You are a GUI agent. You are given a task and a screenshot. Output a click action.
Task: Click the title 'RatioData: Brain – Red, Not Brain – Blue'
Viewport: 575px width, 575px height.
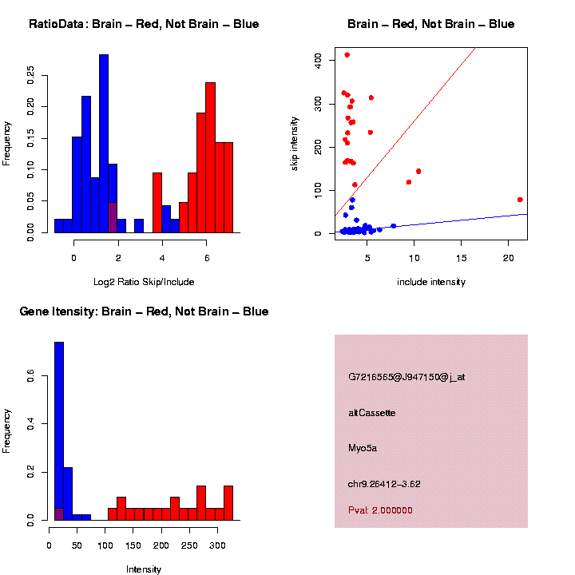(x=144, y=24)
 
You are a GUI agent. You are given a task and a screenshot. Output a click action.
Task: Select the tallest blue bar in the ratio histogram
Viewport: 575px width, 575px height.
(x=104, y=144)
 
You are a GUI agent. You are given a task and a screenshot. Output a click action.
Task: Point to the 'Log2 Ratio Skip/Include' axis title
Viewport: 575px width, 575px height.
(x=144, y=282)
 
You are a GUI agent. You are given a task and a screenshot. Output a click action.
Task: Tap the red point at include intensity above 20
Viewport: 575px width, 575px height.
(x=520, y=200)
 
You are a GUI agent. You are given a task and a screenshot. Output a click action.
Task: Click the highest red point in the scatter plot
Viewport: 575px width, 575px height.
(x=347, y=55)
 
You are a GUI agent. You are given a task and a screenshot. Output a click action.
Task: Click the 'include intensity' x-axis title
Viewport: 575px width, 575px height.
(x=431, y=282)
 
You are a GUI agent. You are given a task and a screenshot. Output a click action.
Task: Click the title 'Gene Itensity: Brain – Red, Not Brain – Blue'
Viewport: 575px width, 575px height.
(x=144, y=311)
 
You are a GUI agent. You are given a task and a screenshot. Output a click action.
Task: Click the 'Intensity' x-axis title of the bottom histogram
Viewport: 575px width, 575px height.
(x=144, y=569)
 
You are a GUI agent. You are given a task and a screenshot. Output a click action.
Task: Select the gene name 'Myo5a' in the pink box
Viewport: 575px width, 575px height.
(x=363, y=448)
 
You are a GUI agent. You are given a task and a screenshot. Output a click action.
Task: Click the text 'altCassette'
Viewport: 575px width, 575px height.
(x=372, y=413)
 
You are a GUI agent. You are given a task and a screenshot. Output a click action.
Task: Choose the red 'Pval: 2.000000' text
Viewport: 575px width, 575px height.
(x=380, y=510)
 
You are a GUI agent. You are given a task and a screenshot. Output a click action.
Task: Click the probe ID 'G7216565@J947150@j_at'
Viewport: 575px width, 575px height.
(x=406, y=377)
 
